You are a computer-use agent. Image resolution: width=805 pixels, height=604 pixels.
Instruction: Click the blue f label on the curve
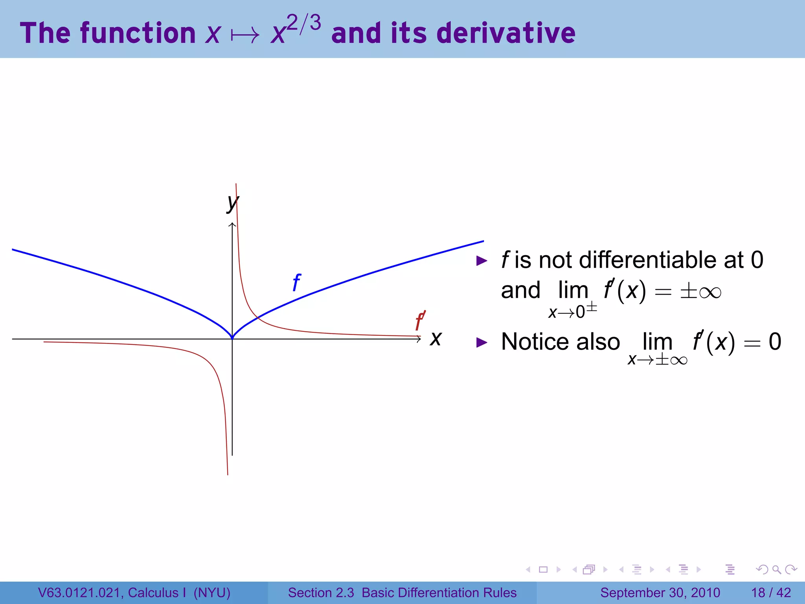(297, 282)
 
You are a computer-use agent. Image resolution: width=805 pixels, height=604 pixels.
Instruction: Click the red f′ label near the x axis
(420, 321)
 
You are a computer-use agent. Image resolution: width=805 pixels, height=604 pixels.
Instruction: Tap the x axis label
(436, 339)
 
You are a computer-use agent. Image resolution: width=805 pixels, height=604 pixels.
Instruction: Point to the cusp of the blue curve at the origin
(232, 337)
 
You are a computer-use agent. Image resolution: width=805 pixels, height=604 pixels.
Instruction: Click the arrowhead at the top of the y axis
(232, 225)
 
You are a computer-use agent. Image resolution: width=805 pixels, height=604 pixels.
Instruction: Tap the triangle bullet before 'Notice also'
(482, 342)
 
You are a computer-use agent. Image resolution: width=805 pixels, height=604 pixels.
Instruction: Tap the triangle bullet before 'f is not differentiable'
(482, 260)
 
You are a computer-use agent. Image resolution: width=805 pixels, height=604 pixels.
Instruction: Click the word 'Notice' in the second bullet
(534, 341)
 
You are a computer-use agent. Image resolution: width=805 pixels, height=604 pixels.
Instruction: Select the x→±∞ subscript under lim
(657, 359)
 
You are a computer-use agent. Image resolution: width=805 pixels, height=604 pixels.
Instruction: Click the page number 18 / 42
(771, 593)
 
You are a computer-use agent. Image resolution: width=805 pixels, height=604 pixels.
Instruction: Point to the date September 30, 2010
(660, 593)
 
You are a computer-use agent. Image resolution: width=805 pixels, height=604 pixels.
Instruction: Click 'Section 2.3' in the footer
(321, 593)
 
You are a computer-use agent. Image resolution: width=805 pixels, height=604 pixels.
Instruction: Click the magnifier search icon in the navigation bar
(776, 569)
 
